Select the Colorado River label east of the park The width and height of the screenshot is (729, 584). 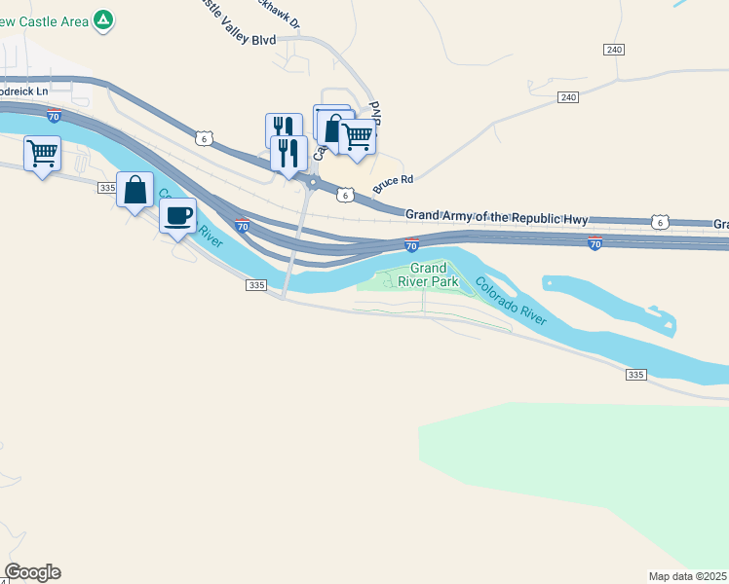[x=512, y=301]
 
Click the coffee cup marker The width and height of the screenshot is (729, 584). [x=177, y=216]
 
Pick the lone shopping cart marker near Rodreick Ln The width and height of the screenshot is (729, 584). [x=43, y=153]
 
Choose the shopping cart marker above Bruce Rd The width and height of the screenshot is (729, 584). [x=358, y=137]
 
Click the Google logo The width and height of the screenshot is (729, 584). [x=32, y=572]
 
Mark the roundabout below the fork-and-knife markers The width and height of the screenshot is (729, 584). [x=313, y=182]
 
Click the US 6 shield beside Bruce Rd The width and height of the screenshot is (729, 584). [x=346, y=195]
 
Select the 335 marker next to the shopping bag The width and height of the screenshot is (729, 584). [x=106, y=187]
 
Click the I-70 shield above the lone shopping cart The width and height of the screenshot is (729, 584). [x=55, y=117]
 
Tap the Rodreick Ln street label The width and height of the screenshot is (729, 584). [x=23, y=91]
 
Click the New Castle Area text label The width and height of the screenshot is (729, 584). [x=43, y=20]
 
